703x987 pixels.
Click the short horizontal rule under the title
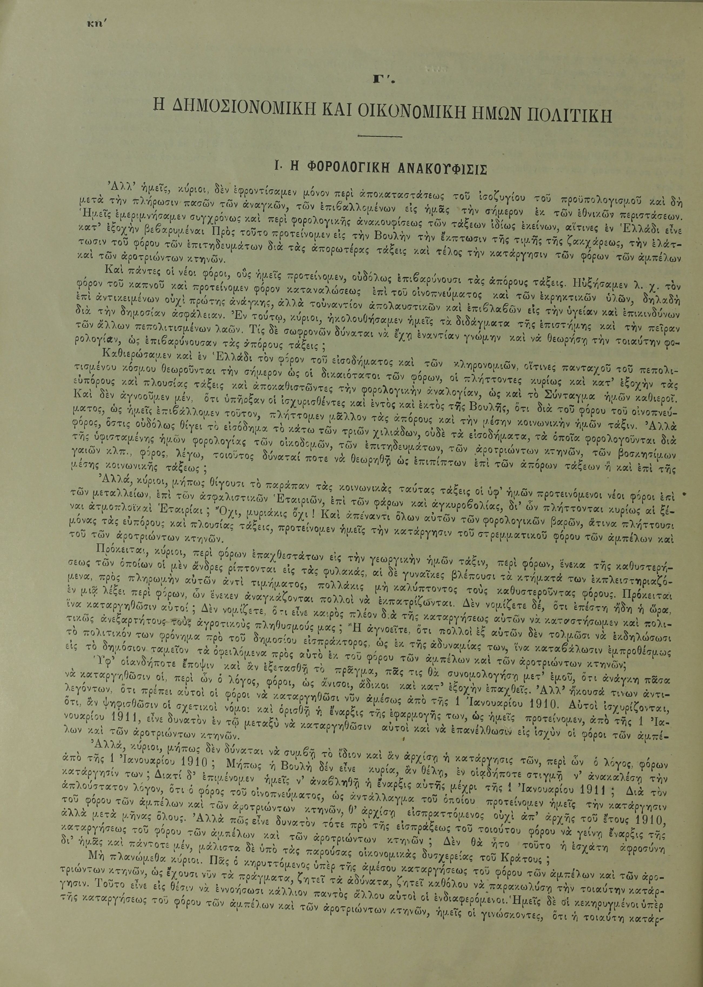click(375, 137)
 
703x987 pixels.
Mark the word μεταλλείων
click(114, 504)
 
